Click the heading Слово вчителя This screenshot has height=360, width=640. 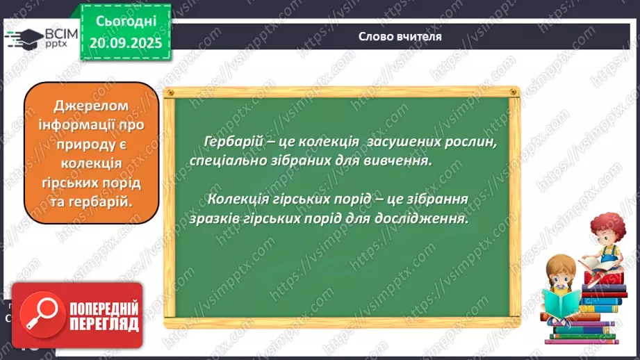[400, 36]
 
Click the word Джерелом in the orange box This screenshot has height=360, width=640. [91, 106]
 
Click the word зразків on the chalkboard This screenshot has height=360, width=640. [212, 218]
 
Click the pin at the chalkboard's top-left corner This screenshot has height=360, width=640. [169, 92]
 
